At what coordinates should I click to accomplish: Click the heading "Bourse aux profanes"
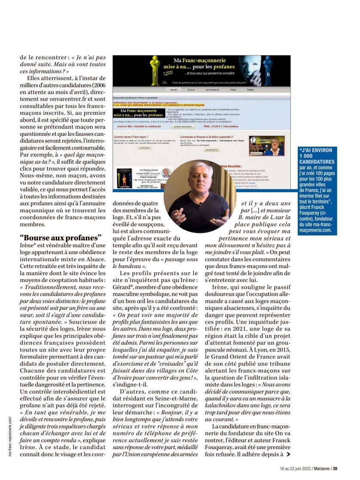[x=61, y=237]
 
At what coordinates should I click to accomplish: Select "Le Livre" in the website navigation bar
[x=191, y=90]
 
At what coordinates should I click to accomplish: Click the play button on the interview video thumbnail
[x=265, y=146]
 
